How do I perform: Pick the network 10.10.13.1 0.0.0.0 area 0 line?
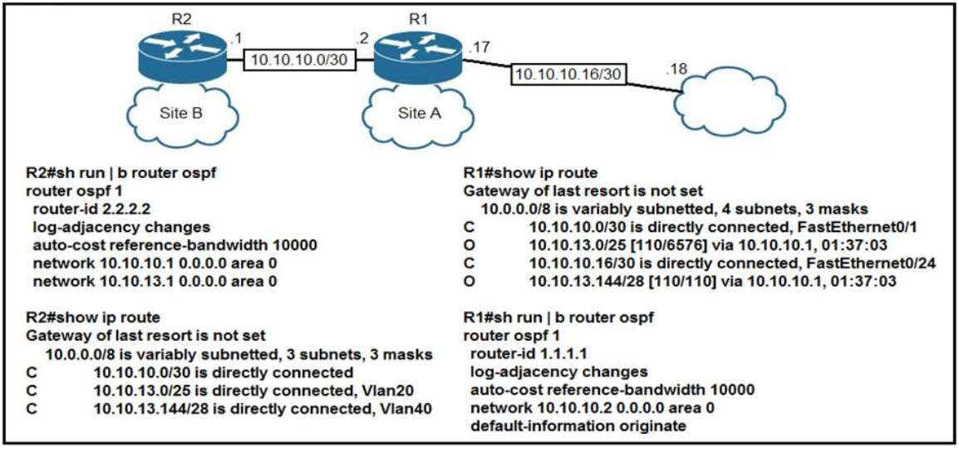click(x=155, y=280)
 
